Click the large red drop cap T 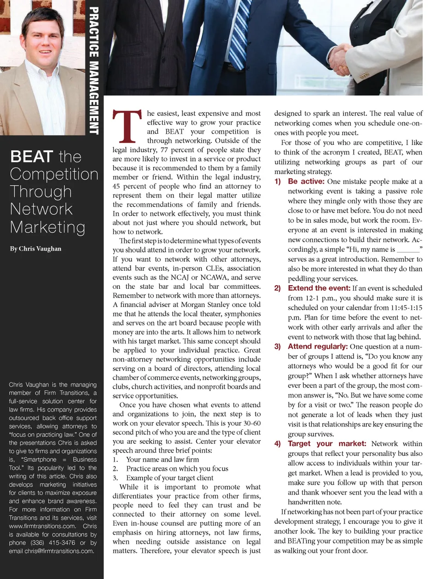pyautogui.click(x=127, y=126)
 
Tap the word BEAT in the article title pyautogui.click(x=32, y=157)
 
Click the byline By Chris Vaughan pyautogui.click(x=36, y=249)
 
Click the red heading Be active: pyautogui.click(x=306, y=181)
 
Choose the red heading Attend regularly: pyautogui.click(x=317, y=346)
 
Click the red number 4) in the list pyautogui.click(x=277, y=444)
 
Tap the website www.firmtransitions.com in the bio pyautogui.click(x=42, y=526)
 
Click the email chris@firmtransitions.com pyautogui.click(x=59, y=551)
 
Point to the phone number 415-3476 pyautogui.click(x=61, y=543)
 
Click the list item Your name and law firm pyautogui.click(x=162, y=460)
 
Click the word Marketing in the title pyautogui.click(x=48, y=227)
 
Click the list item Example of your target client pyautogui.click(x=169, y=478)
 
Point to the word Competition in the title pyautogui.click(x=54, y=174)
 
